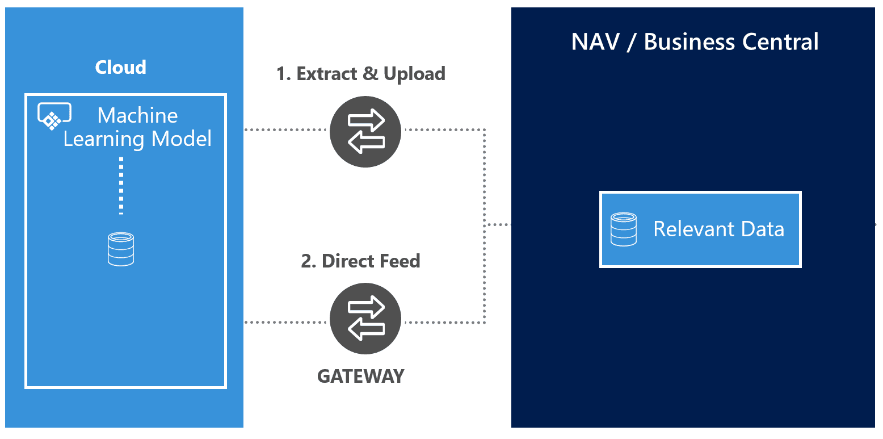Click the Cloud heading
120,68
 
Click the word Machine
137,115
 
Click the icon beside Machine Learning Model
54,116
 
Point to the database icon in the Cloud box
121,249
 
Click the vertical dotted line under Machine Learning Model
121,186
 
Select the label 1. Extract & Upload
360,74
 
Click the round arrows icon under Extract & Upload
365,132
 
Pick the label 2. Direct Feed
360,261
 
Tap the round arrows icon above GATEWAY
365,319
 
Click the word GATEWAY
360,376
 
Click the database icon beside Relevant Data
623,229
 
